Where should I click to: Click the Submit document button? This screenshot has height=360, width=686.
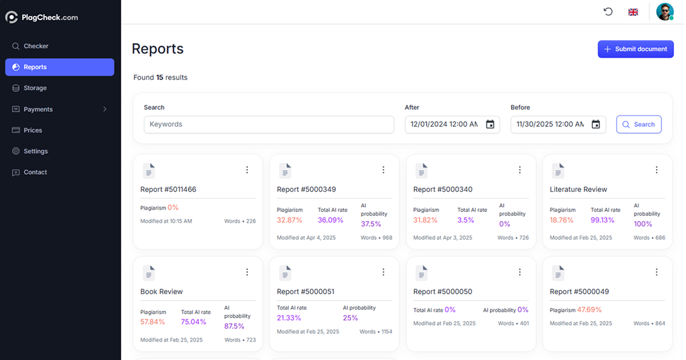pos(636,49)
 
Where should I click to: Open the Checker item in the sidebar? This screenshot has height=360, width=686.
pos(35,46)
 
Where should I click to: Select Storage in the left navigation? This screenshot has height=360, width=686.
pos(35,88)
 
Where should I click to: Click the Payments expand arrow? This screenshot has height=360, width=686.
pos(105,109)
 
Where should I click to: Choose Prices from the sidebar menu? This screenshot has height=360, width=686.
pos(33,130)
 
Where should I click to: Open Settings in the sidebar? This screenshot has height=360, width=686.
pos(35,151)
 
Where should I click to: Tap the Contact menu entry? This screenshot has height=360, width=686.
pos(35,172)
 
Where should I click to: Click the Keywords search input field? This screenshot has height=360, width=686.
pos(269,125)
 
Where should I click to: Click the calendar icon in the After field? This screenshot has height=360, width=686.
pos(490,125)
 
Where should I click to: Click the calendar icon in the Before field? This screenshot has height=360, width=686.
pos(596,125)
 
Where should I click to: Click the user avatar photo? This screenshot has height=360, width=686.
pos(664,12)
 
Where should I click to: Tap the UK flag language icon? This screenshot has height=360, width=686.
pos(633,12)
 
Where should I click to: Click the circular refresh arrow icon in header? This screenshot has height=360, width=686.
pos(608,11)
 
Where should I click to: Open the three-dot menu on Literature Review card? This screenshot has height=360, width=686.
pos(656,170)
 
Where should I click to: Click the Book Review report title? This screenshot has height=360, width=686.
pos(162,291)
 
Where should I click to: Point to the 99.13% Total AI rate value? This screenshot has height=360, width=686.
pos(603,220)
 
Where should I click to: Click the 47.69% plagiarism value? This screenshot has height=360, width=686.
pos(589,310)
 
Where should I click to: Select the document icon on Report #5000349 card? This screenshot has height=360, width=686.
pos(285,170)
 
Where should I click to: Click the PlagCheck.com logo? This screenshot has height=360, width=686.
pos(42,17)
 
